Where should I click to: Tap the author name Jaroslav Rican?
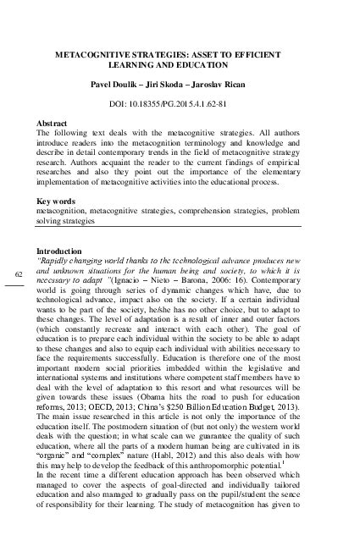pos(228,85)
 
